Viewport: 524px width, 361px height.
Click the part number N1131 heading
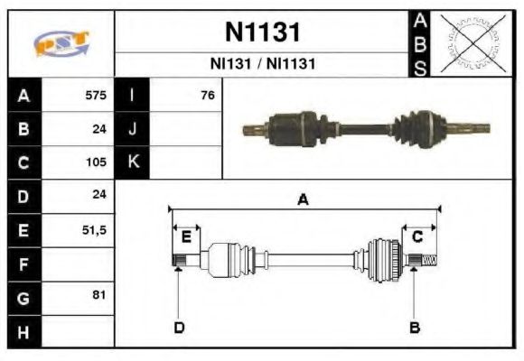point(262,33)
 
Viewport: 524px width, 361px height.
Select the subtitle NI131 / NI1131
point(262,64)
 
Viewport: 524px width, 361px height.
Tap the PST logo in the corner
point(61,43)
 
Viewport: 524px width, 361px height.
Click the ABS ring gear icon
point(472,42)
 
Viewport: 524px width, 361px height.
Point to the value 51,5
point(94,230)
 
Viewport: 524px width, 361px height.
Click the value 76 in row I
point(207,96)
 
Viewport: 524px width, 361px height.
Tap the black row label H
point(23,332)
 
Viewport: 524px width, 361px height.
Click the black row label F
point(23,264)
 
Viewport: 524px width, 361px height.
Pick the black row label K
point(133,163)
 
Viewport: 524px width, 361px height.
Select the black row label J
point(133,129)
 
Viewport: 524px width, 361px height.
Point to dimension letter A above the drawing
point(304,200)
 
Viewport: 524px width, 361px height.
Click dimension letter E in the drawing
point(186,237)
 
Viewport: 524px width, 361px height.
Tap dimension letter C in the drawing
point(417,237)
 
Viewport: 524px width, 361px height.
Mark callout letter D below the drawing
point(179,327)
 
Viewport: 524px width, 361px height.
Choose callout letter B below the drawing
point(415,327)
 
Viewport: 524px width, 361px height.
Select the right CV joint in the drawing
point(383,259)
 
